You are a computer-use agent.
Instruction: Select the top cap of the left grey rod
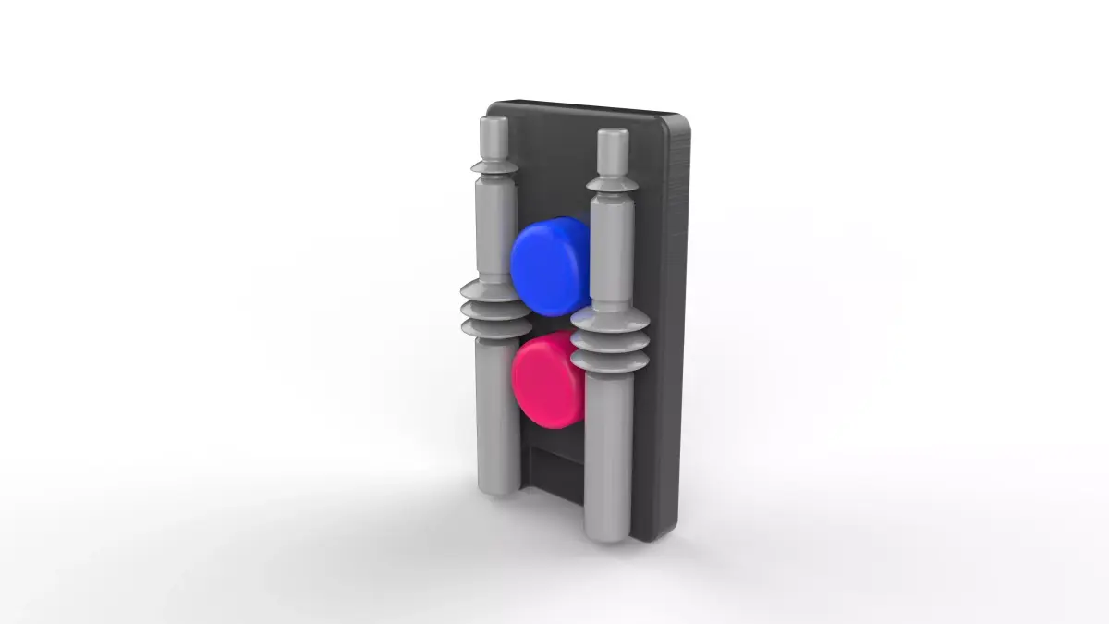click(x=493, y=135)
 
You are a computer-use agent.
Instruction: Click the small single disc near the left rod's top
click(x=494, y=167)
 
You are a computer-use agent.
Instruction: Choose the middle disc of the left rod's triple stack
click(x=496, y=309)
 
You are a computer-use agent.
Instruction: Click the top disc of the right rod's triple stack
click(x=610, y=320)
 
